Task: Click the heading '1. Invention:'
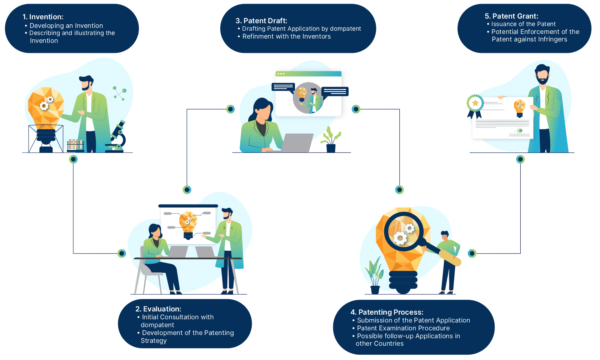pyautogui.click(x=43, y=17)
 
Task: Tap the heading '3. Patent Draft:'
pyautogui.click(x=261, y=21)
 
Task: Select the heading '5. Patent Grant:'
pyautogui.click(x=511, y=16)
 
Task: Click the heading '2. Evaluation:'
pyautogui.click(x=158, y=309)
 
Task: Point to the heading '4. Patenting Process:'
pyautogui.click(x=387, y=312)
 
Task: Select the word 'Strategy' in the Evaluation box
pyautogui.click(x=154, y=341)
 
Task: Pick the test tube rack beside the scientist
pyautogui.click(x=75, y=145)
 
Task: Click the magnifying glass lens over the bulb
pyautogui.click(x=403, y=231)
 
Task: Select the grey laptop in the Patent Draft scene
pyautogui.click(x=296, y=142)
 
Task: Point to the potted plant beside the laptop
pyautogui.click(x=331, y=140)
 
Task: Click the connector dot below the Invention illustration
pyautogui.click(x=73, y=159)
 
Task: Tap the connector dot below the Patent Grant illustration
pyautogui.click(x=520, y=159)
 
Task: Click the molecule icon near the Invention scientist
pyautogui.click(x=119, y=93)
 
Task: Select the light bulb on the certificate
pyautogui.click(x=520, y=108)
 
